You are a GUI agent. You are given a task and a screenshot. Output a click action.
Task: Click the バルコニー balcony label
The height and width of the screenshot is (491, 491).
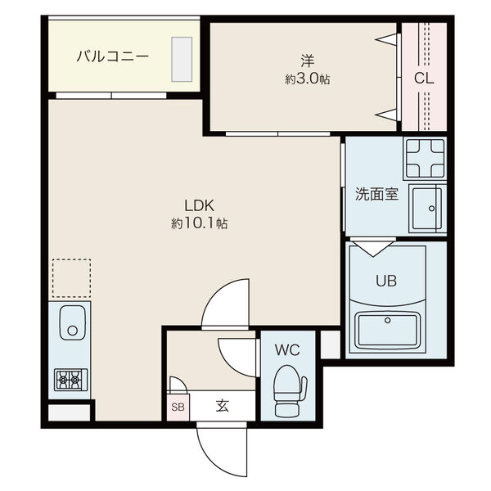(x=112, y=56)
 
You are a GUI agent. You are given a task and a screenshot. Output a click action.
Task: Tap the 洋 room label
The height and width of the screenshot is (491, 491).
(x=307, y=61)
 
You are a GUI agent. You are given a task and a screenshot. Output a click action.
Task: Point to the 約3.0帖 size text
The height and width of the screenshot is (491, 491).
(x=307, y=79)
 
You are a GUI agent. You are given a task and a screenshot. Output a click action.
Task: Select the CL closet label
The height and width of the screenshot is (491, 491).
(x=423, y=79)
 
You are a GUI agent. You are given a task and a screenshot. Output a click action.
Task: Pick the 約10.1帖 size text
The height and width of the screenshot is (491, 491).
(x=199, y=223)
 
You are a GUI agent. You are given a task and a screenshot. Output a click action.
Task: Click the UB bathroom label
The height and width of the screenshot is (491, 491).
(x=385, y=281)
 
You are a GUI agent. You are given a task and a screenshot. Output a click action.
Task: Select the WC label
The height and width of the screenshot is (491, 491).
(x=286, y=350)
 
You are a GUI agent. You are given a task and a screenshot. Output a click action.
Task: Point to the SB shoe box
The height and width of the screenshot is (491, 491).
(x=178, y=406)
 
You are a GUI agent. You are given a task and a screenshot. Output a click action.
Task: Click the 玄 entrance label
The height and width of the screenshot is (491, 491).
(x=223, y=405)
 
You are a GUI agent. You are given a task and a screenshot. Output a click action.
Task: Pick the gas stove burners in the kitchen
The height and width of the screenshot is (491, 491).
(x=70, y=378)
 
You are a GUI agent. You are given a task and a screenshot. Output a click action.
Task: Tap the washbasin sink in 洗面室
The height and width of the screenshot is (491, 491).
(x=427, y=209)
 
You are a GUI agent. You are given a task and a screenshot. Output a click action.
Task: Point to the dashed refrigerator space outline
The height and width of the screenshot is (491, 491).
(x=72, y=278)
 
